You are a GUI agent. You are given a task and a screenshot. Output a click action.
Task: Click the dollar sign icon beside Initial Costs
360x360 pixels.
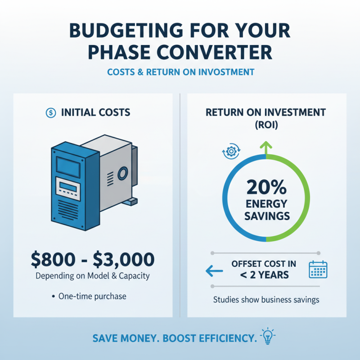(51, 112)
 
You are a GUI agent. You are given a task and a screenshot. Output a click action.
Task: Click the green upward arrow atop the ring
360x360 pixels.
(266, 147)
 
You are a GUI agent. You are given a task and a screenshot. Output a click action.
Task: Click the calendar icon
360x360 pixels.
(318, 269)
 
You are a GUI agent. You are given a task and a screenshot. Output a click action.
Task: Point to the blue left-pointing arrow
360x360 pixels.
(214, 270)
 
